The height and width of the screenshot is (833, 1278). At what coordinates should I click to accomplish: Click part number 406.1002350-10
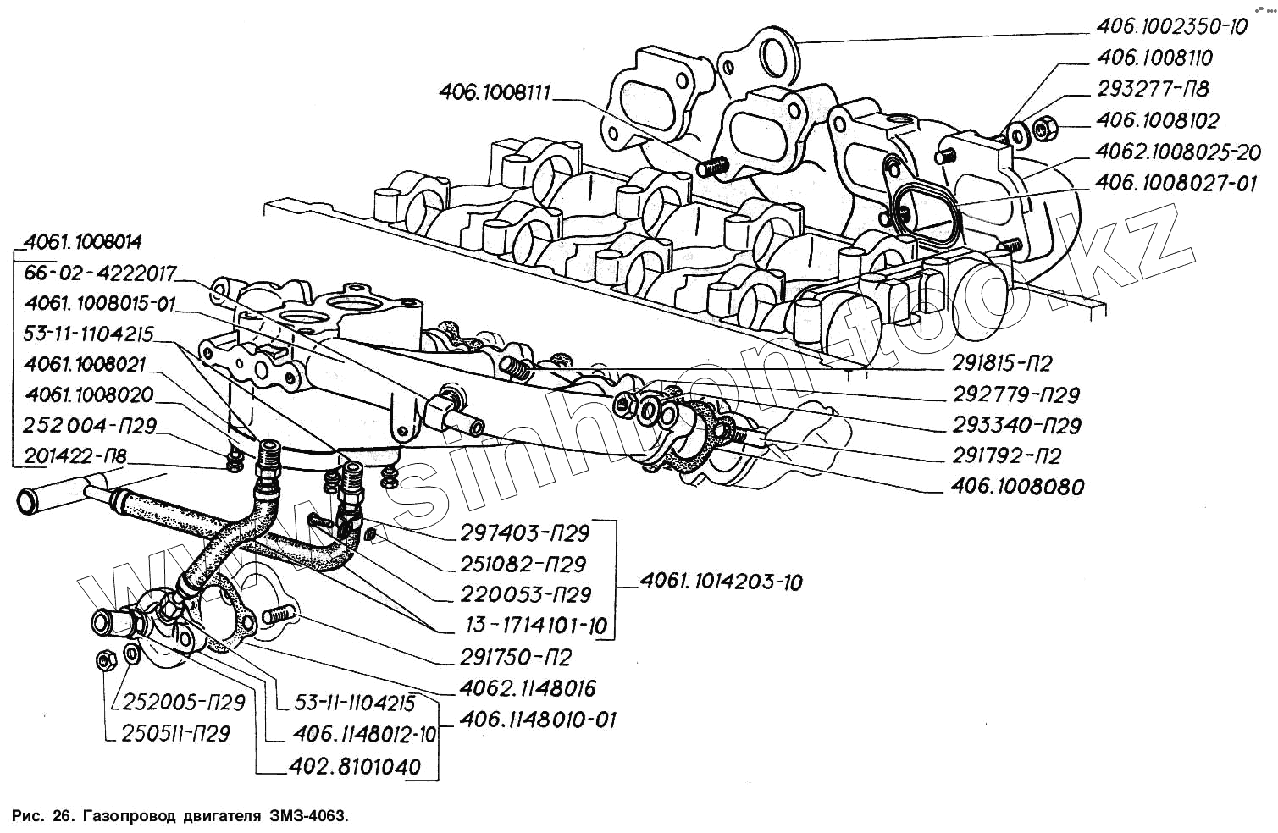1171,27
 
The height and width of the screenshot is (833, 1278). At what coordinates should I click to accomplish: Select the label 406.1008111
495,92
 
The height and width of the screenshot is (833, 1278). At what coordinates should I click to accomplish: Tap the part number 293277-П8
1153,89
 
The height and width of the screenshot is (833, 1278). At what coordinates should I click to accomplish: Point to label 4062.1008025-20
1177,152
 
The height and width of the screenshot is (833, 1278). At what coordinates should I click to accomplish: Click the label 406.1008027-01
1176,184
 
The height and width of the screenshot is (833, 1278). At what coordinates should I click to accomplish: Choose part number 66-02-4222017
101,273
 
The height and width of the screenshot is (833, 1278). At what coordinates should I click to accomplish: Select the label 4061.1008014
82,243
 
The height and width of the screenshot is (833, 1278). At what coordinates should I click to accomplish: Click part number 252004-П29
90,426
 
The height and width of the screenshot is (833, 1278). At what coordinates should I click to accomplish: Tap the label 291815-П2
1001,364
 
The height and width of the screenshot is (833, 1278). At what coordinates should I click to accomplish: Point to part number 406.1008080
1017,487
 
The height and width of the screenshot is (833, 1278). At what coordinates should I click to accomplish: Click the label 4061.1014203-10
722,582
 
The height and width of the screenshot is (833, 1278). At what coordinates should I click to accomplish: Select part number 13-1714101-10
536,626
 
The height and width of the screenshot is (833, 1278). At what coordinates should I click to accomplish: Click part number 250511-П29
175,734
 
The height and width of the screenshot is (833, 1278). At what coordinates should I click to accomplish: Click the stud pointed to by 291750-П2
279,615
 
